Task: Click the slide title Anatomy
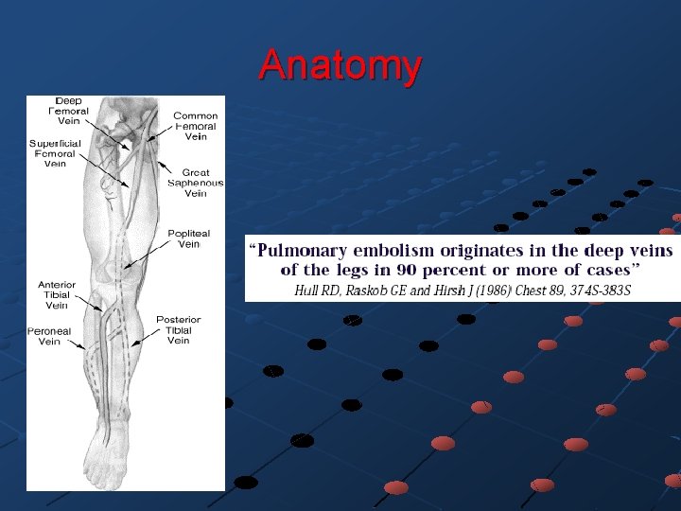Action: [x=340, y=65]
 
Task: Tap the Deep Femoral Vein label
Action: [x=68, y=111]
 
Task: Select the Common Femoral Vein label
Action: [x=195, y=126]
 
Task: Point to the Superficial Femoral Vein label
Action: [x=55, y=153]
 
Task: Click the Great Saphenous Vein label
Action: [x=195, y=183]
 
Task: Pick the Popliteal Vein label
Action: [x=189, y=238]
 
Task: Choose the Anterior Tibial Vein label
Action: [x=57, y=295]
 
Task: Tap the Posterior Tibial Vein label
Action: [x=178, y=330]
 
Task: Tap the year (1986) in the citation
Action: [x=489, y=290]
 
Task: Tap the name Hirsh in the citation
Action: [x=442, y=290]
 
